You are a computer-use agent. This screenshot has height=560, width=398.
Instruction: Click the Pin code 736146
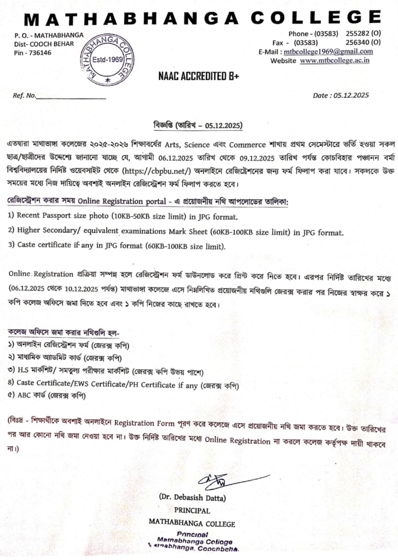coord(38,52)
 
